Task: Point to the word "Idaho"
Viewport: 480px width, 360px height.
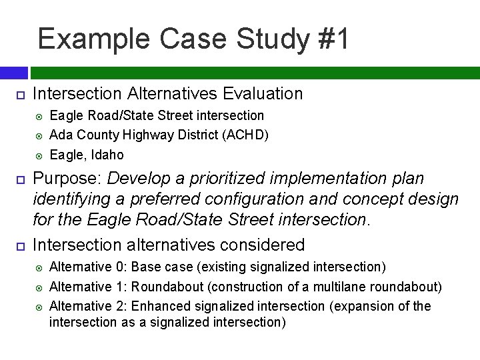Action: click(x=106, y=155)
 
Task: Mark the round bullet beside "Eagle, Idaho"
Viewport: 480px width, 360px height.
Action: click(x=39, y=155)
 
